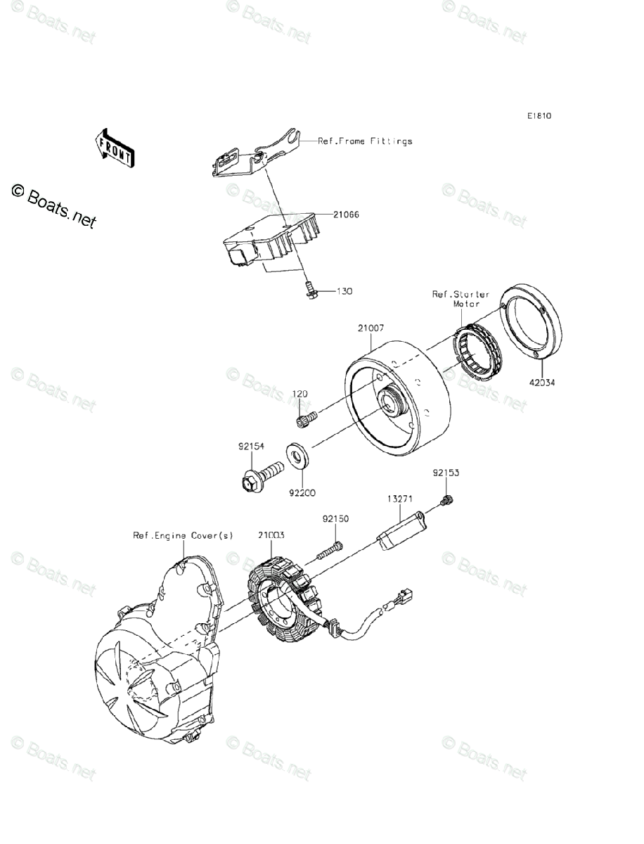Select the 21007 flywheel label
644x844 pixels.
tap(370, 328)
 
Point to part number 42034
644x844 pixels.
tap(543, 383)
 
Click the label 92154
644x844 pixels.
tap(250, 446)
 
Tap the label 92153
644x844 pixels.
tap(446, 473)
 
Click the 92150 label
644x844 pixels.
tap(335, 519)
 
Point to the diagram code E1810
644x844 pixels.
tap(540, 116)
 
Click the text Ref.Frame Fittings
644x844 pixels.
tap(366, 141)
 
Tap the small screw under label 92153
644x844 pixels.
tap(446, 500)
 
